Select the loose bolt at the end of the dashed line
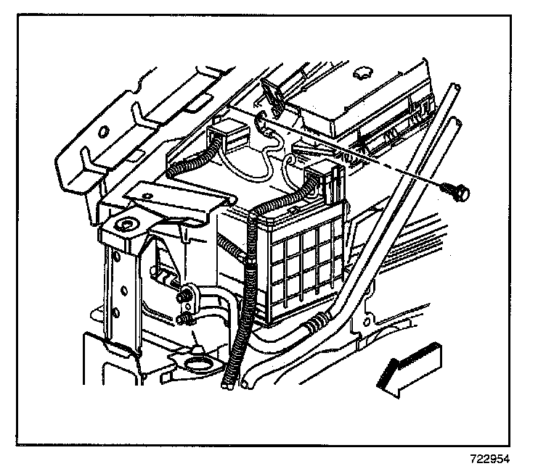click(x=458, y=191)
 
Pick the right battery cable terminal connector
click(x=322, y=177)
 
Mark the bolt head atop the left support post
click(x=129, y=224)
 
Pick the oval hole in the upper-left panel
click(x=105, y=131)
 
